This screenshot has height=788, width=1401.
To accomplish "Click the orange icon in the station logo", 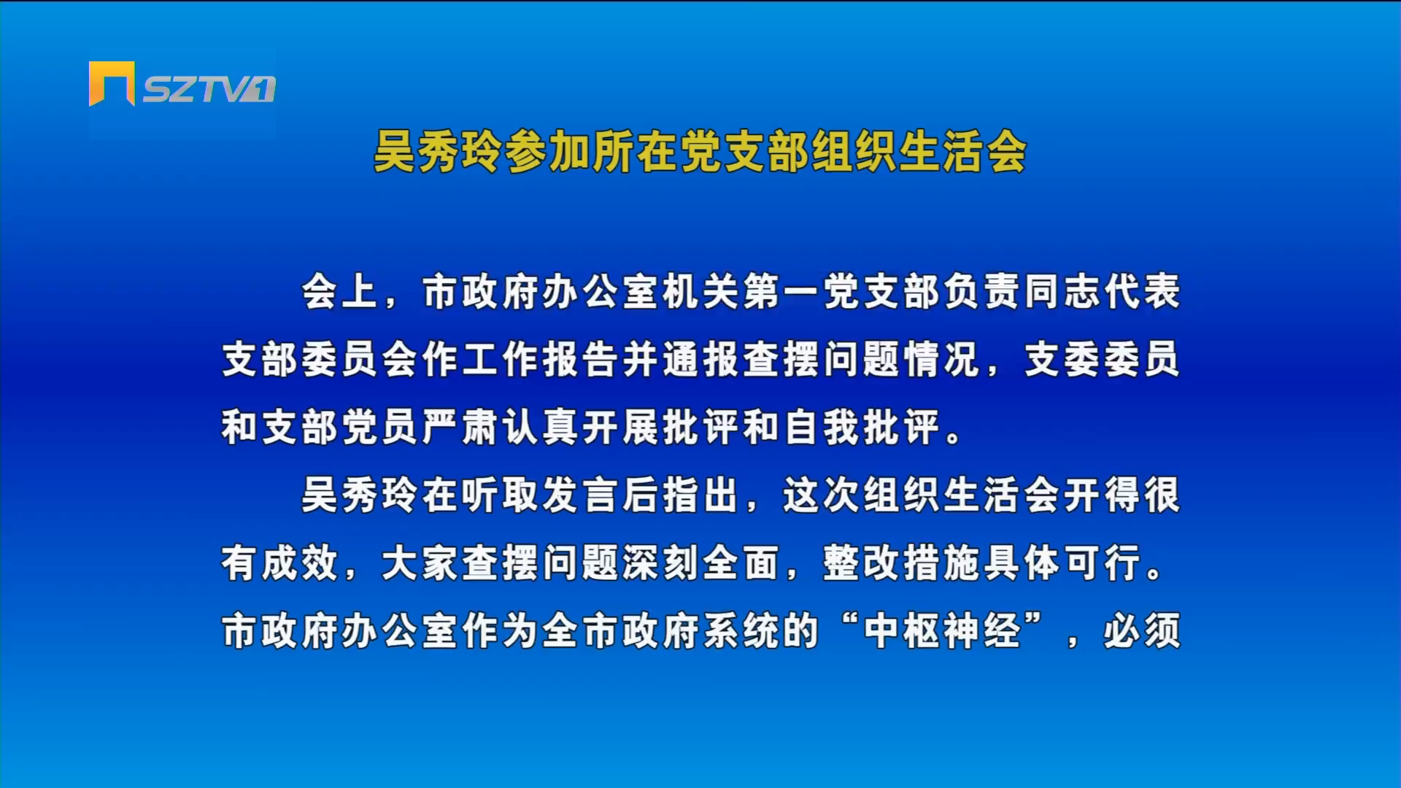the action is click(112, 83).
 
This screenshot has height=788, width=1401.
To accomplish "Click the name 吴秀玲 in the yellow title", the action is click(438, 152).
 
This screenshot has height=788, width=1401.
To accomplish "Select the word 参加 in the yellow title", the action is click(548, 152).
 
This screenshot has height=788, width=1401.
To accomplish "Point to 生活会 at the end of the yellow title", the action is click(962, 152).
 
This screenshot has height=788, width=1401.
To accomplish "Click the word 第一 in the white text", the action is click(782, 292).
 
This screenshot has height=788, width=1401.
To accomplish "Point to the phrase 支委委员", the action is click(1102, 359).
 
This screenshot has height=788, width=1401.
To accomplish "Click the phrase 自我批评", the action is click(862, 427).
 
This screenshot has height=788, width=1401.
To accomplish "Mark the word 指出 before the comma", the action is click(700, 495).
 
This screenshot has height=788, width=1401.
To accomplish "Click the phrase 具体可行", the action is click(1062, 563).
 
